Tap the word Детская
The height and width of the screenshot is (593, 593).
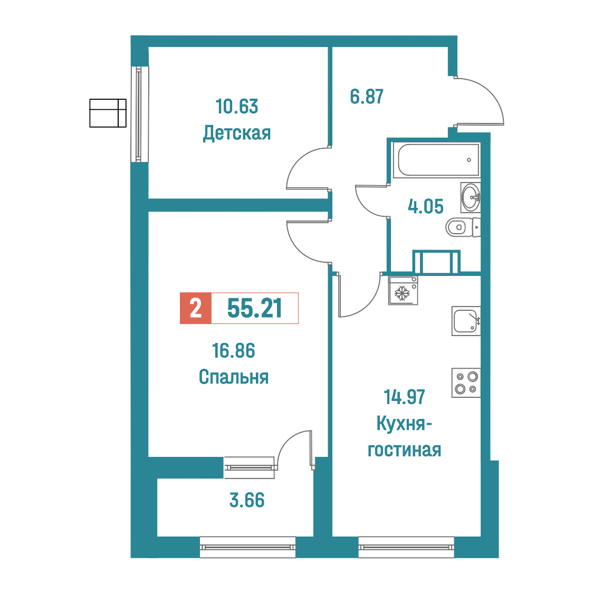[x=237, y=133]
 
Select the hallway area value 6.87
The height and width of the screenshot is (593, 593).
[x=367, y=97]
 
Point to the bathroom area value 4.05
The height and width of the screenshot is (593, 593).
[x=425, y=206]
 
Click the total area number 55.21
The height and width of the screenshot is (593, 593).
[x=254, y=308]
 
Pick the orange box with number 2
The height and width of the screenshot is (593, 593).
[x=196, y=308]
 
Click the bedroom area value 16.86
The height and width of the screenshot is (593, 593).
[x=234, y=351]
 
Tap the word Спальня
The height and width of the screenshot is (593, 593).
[x=234, y=377]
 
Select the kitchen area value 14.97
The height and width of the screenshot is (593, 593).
[x=404, y=397]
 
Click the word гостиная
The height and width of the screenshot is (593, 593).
[x=404, y=450]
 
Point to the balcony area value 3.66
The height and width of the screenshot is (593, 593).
[x=247, y=500]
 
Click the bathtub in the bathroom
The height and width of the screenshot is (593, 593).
[x=436, y=160]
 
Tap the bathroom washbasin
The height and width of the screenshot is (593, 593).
[x=471, y=197]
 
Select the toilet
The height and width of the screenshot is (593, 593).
[x=463, y=227]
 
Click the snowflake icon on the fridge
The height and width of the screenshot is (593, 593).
[x=402, y=293]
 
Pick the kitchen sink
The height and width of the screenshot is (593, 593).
[x=466, y=321]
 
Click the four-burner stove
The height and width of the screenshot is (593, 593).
[x=466, y=382]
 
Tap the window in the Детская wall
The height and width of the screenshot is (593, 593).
[x=139, y=114]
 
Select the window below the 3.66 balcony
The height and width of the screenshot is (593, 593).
[x=247, y=547]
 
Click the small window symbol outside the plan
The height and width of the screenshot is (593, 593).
[x=108, y=113]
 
